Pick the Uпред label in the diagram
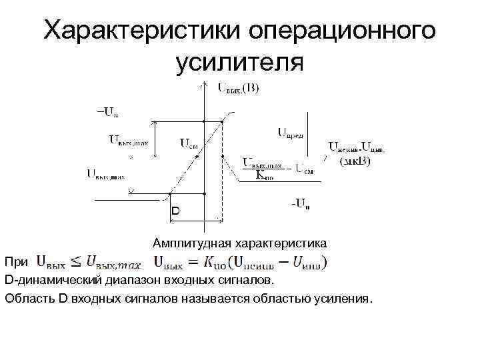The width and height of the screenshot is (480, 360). click(290, 133)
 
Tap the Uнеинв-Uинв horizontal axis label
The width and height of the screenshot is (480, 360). click(356, 148)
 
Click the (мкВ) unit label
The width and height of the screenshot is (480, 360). click(356, 161)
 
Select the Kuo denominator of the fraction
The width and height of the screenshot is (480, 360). click(265, 175)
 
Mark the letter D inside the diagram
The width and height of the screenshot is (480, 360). click(175, 210)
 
